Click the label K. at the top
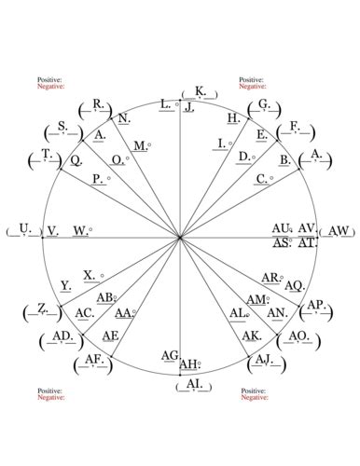tap(201, 91)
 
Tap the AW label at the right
tap(339, 230)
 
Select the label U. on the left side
tap(24, 228)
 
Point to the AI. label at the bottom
tap(193, 383)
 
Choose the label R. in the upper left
tap(99, 104)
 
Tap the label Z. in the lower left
tap(42, 308)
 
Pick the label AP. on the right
tap(314, 305)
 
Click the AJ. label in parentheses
tap(263, 359)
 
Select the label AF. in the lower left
tap(93, 359)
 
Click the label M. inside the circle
tap(139, 146)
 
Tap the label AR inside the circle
tap(270, 278)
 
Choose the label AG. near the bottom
tap(170, 355)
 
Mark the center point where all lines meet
tap(180, 238)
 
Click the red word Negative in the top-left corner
tap(50, 87)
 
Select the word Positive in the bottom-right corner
tap(254, 391)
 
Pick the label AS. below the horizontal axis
tap(283, 242)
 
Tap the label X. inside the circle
tap(90, 274)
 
